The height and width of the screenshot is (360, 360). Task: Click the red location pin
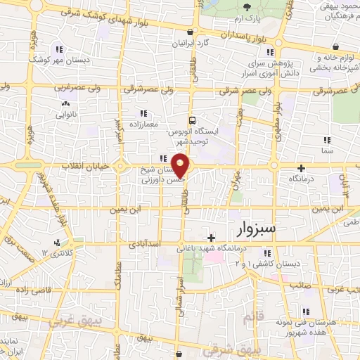181,164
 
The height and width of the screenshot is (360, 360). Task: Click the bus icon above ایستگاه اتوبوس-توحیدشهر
192,120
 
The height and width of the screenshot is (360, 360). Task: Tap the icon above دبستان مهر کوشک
59,49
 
